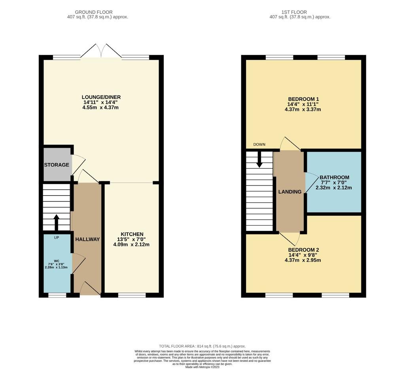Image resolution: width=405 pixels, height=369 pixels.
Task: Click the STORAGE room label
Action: click(57, 165)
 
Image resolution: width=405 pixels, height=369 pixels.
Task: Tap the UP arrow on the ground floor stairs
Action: click(56, 223)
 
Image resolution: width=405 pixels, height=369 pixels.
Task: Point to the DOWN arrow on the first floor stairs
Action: click(259, 159)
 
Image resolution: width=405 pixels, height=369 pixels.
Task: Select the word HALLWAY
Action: click(87, 240)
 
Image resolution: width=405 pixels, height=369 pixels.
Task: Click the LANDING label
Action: click(290, 192)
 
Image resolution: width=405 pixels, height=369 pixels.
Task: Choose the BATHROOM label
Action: click(335, 178)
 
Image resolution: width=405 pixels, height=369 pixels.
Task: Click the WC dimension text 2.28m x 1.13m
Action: click(56, 267)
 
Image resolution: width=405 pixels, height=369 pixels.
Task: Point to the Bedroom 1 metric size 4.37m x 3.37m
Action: click(303, 109)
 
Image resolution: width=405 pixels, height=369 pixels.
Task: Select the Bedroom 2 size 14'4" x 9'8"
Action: click(303, 255)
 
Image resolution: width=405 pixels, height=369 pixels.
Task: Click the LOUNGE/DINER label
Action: click(101, 97)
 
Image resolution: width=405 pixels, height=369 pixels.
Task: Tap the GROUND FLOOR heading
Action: click(94, 12)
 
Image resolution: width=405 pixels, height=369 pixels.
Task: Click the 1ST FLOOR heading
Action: click(294, 12)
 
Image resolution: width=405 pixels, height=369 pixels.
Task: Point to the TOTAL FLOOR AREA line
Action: click(202, 346)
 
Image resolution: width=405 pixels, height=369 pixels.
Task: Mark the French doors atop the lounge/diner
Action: click(101, 51)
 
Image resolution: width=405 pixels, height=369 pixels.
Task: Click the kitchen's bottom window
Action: click(132, 295)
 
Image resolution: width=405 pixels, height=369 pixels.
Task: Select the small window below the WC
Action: click(57, 295)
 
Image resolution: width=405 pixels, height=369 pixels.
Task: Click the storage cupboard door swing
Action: click(79, 165)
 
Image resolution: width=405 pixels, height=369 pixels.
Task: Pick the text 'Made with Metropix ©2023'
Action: click(202, 367)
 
